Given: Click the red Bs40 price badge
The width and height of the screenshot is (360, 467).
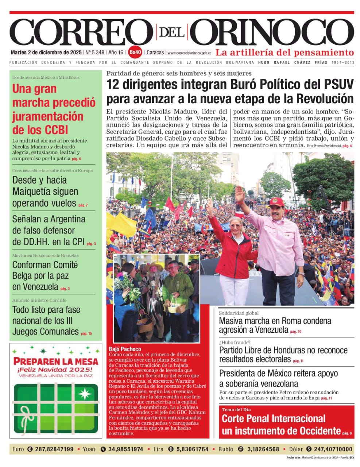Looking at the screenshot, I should [135, 52].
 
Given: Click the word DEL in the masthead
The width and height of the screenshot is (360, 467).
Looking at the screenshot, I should [171, 32].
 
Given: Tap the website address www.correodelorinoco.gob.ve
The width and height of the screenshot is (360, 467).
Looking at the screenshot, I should [190, 53].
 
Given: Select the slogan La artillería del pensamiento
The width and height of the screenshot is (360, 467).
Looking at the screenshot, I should [284, 52].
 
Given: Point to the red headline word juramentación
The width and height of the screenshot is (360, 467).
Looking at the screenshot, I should [48, 116].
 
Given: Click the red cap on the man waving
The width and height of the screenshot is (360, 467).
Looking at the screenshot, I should [276, 201].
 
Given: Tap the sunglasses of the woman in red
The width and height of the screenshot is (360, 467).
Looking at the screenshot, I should [236, 226].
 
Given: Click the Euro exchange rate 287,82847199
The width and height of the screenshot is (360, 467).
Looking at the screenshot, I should [54, 449].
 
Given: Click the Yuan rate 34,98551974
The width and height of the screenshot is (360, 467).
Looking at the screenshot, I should [126, 449].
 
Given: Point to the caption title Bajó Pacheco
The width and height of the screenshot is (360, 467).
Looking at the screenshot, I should [125, 349].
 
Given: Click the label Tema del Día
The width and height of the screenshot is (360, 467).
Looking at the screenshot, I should [236, 409].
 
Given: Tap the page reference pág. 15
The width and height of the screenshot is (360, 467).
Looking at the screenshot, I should [86, 333].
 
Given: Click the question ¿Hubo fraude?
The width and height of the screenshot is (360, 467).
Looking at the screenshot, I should [235, 342].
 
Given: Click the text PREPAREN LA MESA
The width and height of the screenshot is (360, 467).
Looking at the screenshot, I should [56, 362].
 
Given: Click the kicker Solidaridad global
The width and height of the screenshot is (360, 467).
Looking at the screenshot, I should [239, 313].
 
